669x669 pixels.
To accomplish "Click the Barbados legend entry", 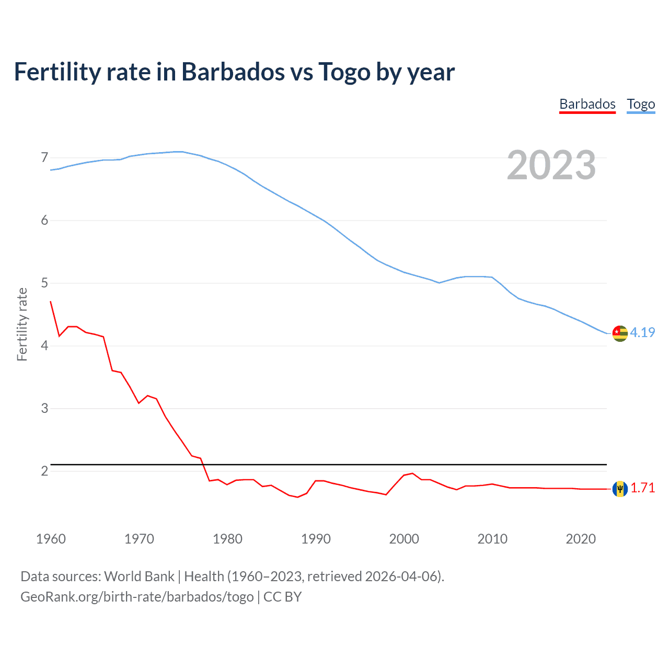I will click(x=587, y=104).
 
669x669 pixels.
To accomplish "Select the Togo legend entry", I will click(x=641, y=104).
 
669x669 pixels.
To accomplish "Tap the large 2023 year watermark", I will click(x=551, y=165).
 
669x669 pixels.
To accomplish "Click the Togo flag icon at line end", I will click(x=620, y=333).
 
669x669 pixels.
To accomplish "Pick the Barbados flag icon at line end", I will click(x=620, y=489).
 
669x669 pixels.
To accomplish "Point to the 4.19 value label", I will click(x=642, y=332).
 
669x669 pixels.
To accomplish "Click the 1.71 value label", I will click(x=642, y=488).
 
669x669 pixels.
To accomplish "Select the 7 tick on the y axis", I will click(x=44, y=157).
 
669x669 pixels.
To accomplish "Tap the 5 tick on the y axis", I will click(x=44, y=283).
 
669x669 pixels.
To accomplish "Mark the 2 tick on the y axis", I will click(x=44, y=471).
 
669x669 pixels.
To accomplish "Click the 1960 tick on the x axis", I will click(x=51, y=539).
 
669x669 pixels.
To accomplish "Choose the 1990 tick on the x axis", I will click(x=316, y=539).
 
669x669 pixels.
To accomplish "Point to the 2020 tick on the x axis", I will click(x=581, y=539).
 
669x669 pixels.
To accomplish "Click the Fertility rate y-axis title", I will click(x=22, y=324).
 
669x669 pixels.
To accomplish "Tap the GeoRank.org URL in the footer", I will click(x=137, y=597).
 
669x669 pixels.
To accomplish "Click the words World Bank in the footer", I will click(x=139, y=576).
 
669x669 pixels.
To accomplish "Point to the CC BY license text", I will click(x=282, y=597).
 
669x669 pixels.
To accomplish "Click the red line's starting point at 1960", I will click(x=51, y=302).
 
